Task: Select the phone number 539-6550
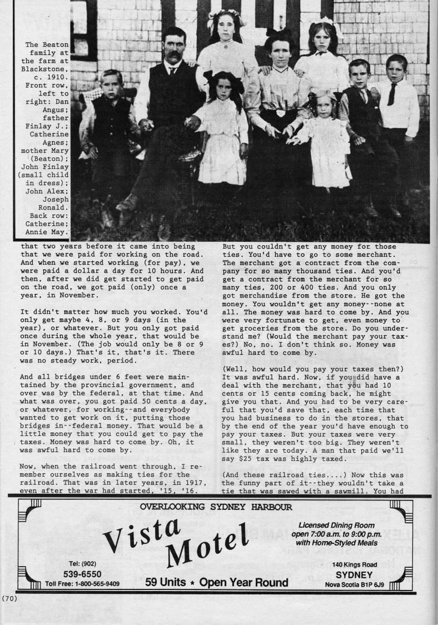tap(82, 573)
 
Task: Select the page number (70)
tap(10, 598)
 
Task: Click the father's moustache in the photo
tap(173, 57)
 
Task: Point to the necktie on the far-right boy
tap(392, 94)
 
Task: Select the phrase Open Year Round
tap(243, 583)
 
